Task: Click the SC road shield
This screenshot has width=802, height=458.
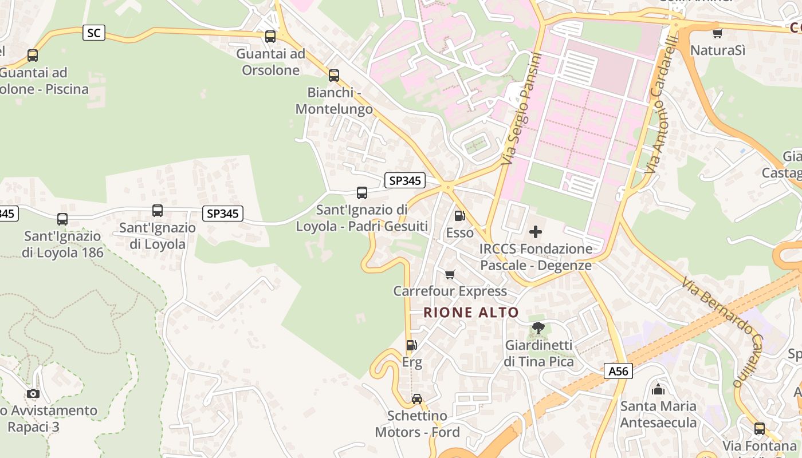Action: pos(94,33)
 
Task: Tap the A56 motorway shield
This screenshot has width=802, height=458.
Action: pos(618,371)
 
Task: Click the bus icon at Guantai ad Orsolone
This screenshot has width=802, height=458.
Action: pos(270,37)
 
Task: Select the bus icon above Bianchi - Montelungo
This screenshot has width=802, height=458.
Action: pos(333,75)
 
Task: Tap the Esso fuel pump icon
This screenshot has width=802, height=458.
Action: pos(459,216)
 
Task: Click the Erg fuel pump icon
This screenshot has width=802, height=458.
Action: pos(411,345)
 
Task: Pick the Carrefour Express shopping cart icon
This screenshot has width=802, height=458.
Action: pos(450,274)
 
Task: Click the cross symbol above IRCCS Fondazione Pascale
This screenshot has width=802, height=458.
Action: pos(536,231)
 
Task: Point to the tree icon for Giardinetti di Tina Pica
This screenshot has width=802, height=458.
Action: pos(538,328)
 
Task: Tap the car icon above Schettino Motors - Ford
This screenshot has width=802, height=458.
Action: pos(417,398)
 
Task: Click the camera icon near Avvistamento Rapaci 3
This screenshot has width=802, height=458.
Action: pos(33,393)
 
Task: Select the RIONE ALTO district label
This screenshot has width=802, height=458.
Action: pos(471,313)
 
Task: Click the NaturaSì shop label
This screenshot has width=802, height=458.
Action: pos(718,50)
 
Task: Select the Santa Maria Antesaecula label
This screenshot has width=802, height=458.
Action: pos(658,414)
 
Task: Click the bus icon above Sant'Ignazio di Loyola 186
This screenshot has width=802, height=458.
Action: pos(62,219)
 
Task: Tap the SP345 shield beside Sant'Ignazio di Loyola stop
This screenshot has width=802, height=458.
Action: pos(223,214)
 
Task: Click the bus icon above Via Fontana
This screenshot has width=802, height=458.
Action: pos(759,428)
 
